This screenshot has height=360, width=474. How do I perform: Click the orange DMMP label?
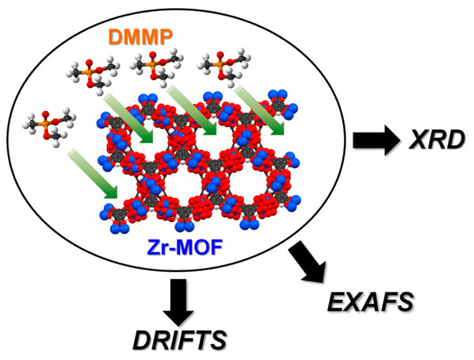tap(140, 37)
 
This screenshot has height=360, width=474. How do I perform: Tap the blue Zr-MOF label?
tap(185, 247)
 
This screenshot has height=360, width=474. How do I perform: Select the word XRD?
tap(436, 140)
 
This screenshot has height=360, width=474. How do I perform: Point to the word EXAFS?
tap(370, 301)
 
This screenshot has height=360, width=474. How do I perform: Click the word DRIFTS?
tap(180, 340)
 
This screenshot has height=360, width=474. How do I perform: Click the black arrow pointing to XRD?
tap(377, 140)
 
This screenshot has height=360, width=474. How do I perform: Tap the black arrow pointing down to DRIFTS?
tap(178, 302)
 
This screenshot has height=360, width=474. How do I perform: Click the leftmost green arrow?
tap(93, 173)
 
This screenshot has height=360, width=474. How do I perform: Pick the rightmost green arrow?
tap(259, 109)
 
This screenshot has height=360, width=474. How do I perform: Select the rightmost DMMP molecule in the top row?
tap(224, 67)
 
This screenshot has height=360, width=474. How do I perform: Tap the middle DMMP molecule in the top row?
tap(157, 67)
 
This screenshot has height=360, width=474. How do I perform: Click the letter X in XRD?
tap(419, 140)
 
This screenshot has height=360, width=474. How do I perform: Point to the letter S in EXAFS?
tap(403, 301)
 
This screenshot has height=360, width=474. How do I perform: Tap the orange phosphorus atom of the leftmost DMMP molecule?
tap(45, 124)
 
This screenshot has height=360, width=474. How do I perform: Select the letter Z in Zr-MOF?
tap(154, 247)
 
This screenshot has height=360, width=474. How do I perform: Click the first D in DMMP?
tap(115, 37)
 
